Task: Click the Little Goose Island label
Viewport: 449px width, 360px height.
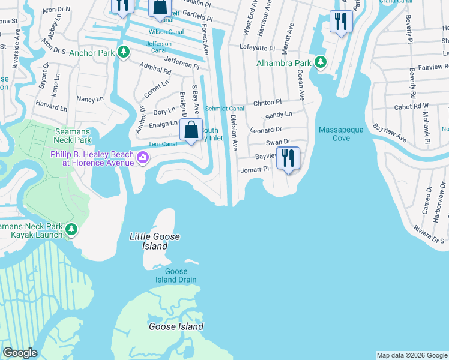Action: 149,241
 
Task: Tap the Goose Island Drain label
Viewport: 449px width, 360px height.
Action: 176,275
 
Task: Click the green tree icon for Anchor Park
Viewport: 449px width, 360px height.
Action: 124,52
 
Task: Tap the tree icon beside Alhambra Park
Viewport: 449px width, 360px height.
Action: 321,62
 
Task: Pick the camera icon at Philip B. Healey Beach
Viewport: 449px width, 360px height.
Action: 143,158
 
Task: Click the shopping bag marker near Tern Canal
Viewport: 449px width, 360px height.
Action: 191,130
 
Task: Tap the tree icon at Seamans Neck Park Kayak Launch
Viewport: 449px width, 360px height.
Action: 71,230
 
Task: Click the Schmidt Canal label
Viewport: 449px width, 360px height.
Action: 224,109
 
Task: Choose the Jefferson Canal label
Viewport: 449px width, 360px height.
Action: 158,47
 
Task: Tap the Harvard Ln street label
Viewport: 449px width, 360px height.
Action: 51,107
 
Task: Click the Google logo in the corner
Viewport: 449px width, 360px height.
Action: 20,353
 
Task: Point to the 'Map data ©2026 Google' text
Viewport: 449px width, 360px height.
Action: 412,355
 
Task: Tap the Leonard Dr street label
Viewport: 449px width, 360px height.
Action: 266,130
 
